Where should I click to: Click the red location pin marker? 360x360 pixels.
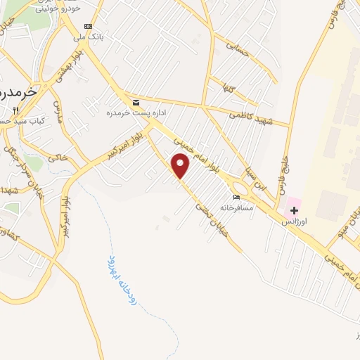[181, 167]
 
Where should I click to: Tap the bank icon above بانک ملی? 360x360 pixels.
[89, 26]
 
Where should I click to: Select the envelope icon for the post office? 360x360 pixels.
[136, 103]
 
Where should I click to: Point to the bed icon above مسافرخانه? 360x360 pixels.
[236, 197]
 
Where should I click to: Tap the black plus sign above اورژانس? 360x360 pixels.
[293, 210]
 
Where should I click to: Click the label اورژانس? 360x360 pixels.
[294, 221]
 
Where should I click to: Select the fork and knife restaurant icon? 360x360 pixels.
[16, 110]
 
